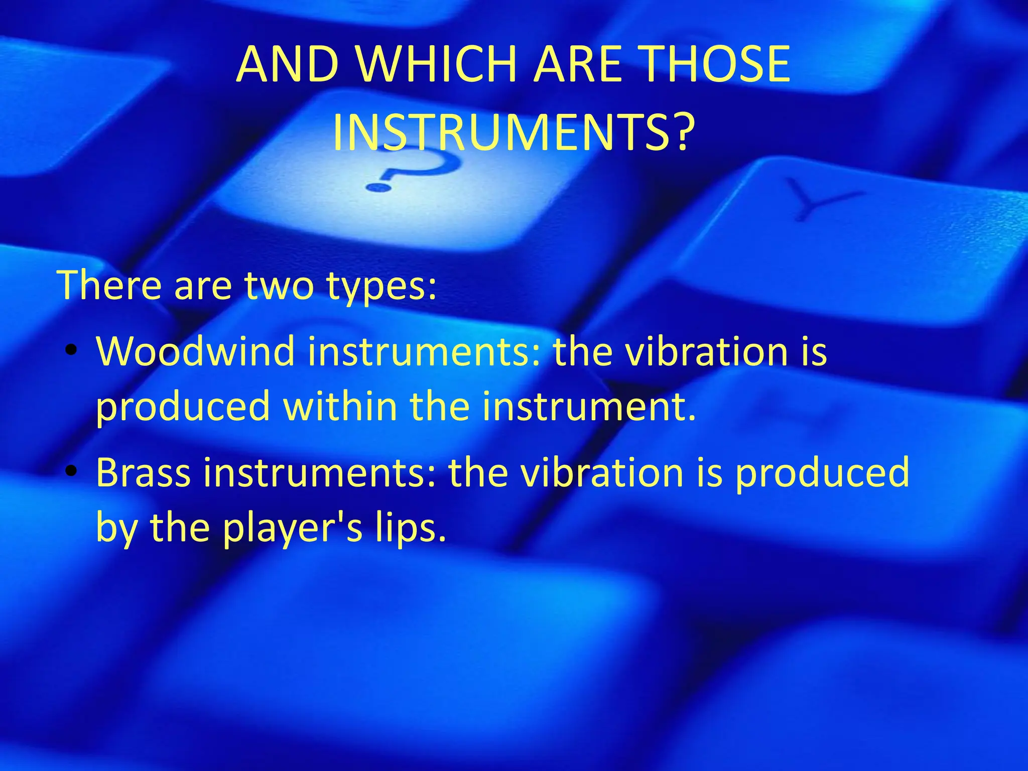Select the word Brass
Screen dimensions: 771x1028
click(144, 472)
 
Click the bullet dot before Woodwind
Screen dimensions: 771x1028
click(72, 350)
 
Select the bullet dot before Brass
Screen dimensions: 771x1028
click(72, 472)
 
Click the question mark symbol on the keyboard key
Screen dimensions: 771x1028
click(412, 171)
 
